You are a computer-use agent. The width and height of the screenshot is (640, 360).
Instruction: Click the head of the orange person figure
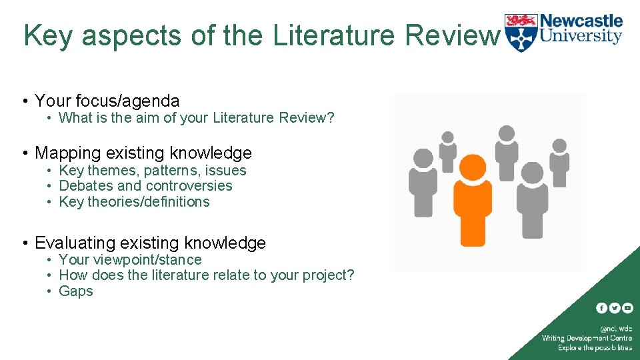473,167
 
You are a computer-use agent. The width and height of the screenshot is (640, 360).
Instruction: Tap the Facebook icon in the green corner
601,308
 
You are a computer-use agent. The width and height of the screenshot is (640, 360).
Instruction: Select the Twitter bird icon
614,308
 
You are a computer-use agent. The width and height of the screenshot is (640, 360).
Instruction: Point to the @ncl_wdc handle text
616,329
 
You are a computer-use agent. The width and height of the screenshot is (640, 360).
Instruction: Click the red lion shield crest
520,32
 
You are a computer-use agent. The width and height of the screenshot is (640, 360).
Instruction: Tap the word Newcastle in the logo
581,21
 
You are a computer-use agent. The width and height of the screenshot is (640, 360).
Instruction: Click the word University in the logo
581,37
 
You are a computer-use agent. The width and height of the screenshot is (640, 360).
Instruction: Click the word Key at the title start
47,36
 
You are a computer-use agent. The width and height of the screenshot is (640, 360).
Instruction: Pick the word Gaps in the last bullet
76,291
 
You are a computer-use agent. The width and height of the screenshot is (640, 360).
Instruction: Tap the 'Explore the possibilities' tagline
595,347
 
